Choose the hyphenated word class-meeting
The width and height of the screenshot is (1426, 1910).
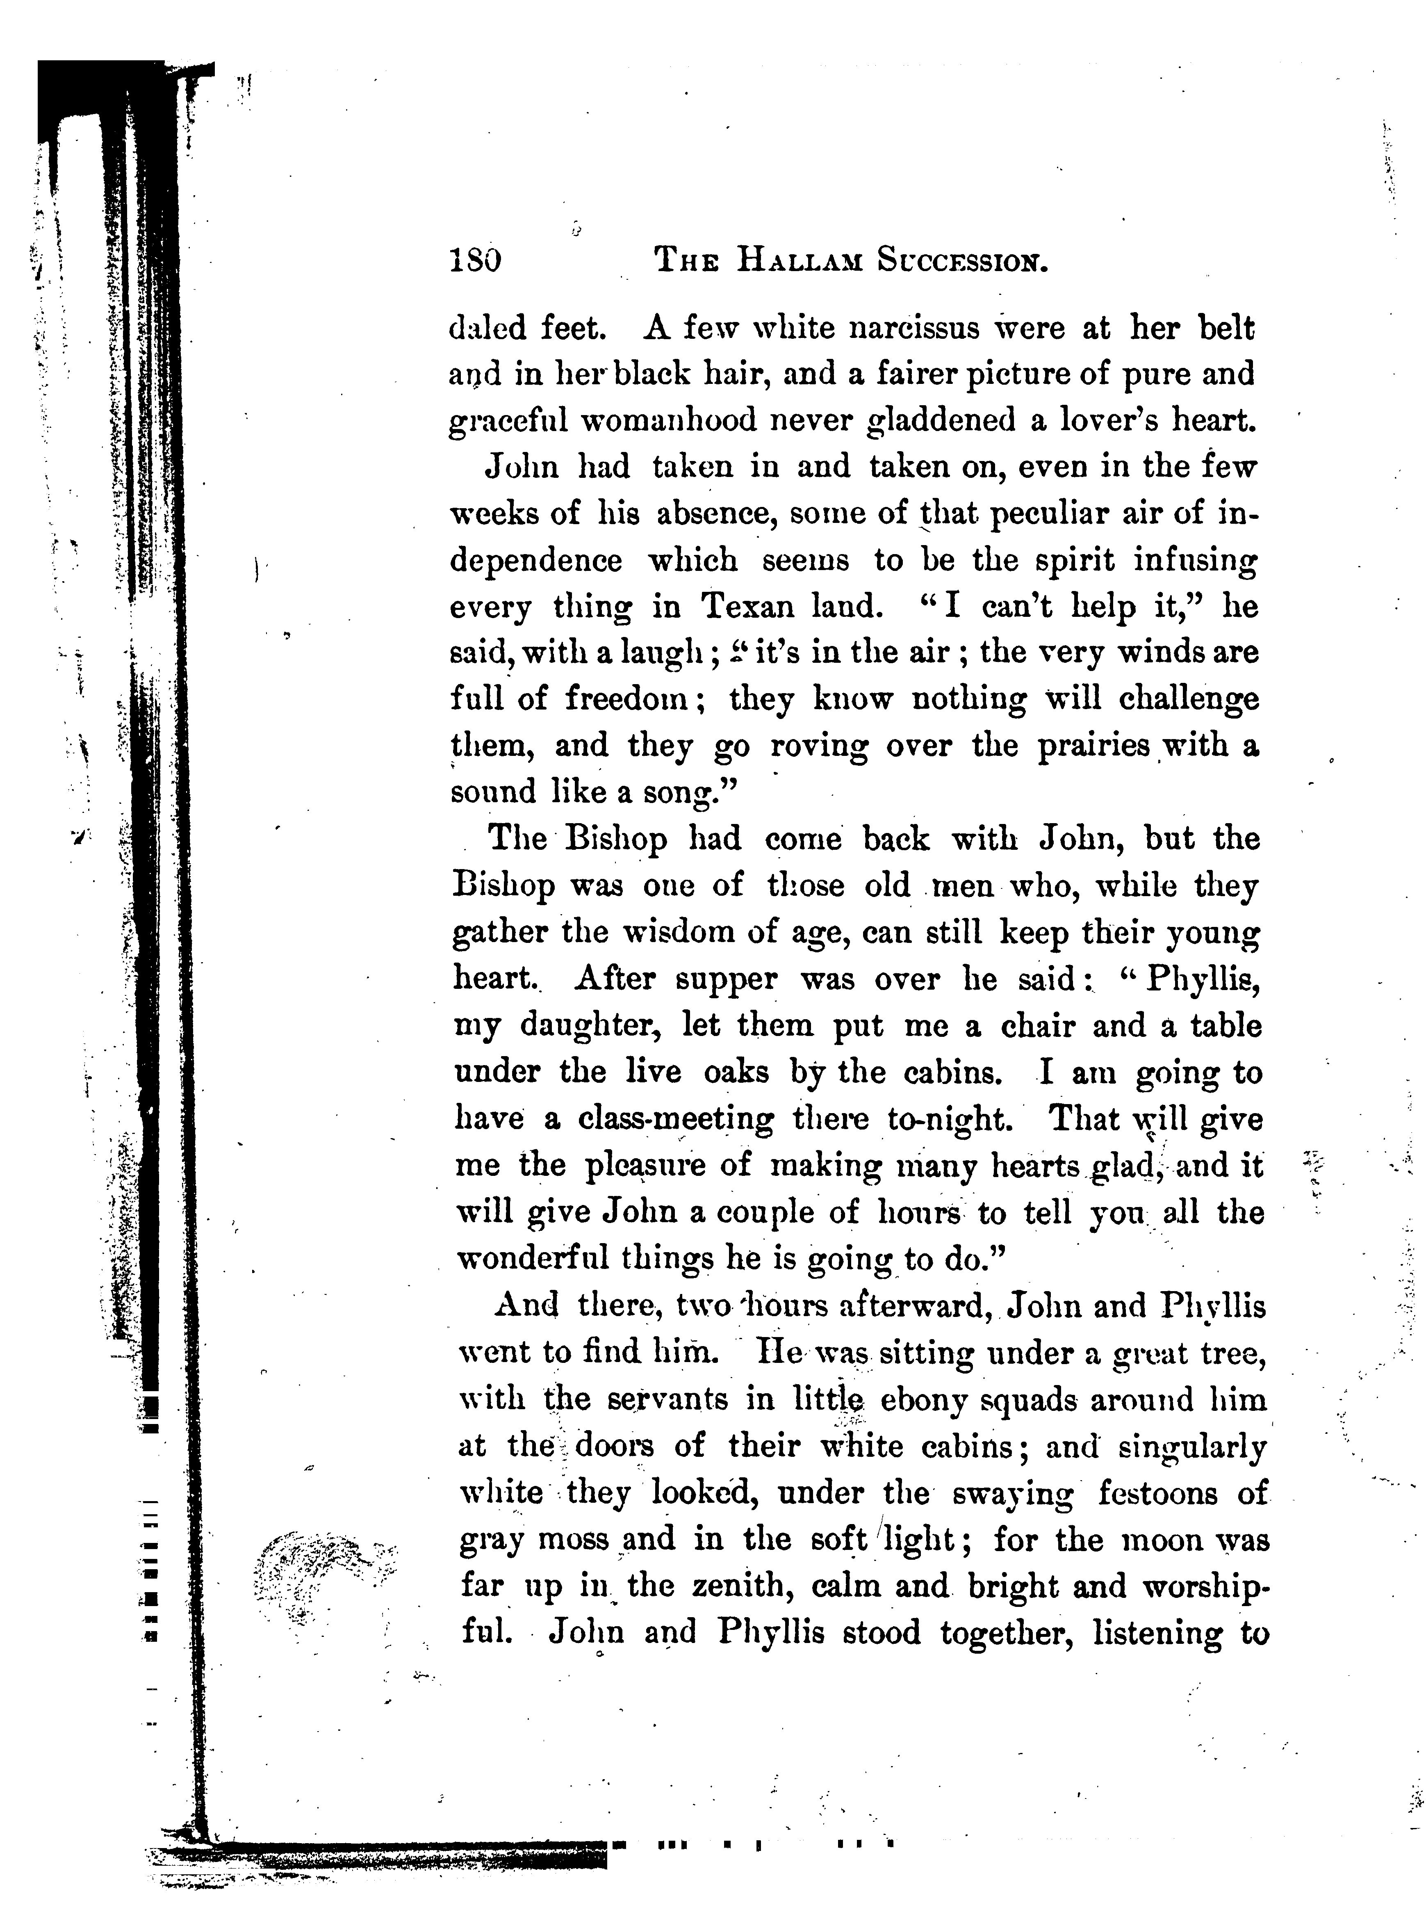[676, 1120]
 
